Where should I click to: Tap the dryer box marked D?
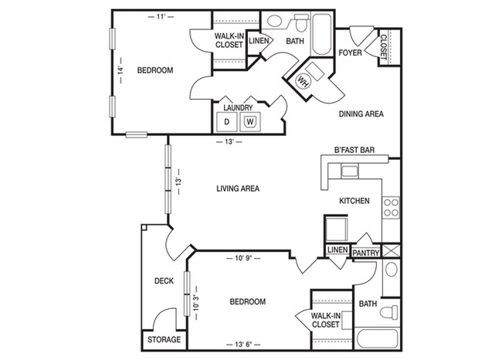click(227, 121)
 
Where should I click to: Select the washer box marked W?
click(249, 121)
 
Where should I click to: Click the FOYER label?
click(351, 53)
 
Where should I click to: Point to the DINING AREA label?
click(361, 114)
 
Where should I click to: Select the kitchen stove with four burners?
click(392, 205)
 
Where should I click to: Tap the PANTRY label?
click(365, 252)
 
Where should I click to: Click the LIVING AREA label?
click(237, 188)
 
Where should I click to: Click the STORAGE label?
click(164, 340)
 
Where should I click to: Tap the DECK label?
click(163, 281)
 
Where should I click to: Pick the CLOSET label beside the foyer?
click(384, 46)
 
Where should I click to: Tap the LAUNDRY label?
click(238, 107)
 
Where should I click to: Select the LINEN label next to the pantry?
click(336, 250)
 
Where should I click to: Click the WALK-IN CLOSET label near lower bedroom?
click(328, 320)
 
